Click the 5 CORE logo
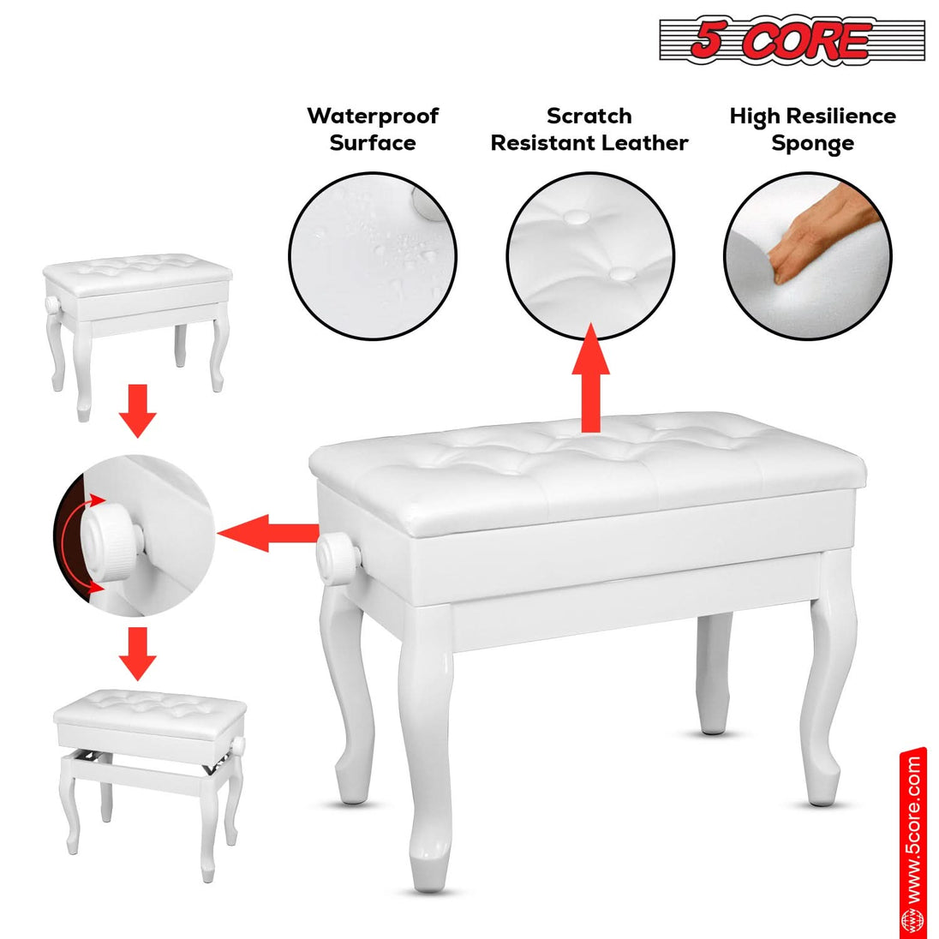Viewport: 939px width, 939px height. click(791, 41)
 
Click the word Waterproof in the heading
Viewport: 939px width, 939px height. click(373, 116)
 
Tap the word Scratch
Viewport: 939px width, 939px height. click(589, 116)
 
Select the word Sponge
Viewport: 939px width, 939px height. click(812, 144)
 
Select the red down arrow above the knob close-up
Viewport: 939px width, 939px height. click(137, 410)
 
